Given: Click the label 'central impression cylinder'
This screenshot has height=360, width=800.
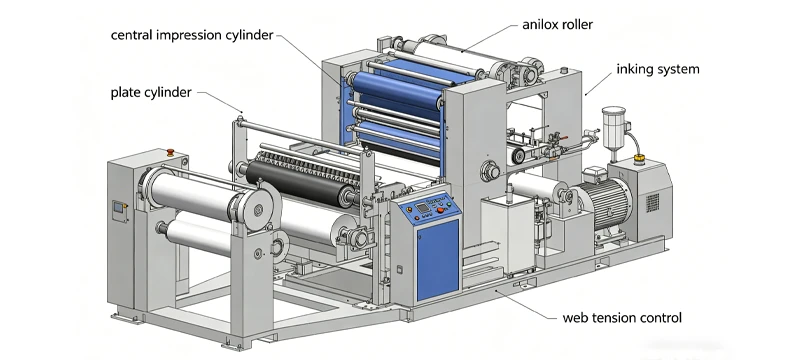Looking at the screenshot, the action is [x=192, y=35].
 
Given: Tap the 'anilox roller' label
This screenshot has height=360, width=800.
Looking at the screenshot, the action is [x=557, y=24].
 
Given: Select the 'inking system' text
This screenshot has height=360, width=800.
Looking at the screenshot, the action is [x=658, y=69].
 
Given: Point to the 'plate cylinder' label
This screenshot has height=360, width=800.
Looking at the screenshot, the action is [x=151, y=92].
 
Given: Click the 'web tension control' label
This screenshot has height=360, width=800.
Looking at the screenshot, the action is [x=622, y=318].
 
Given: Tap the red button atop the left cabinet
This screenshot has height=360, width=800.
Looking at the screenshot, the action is [x=170, y=151].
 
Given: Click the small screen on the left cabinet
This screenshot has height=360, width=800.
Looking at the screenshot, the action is [x=118, y=208].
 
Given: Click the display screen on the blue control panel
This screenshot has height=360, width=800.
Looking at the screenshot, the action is [x=422, y=207].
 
